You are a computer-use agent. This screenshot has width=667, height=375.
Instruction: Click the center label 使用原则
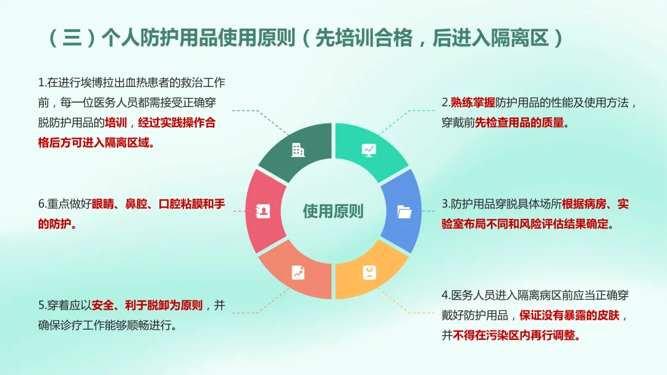[333, 211]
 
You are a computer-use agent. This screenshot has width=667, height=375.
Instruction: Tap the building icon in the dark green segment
[298, 150]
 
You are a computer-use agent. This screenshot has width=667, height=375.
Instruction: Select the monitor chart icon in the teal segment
[369, 150]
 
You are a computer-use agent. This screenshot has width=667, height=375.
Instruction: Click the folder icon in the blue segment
[404, 212]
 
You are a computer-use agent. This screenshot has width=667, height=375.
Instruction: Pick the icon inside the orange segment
[369, 273]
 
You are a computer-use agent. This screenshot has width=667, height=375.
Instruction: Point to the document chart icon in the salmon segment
[298, 273]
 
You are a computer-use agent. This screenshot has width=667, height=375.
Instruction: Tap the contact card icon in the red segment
[262, 211]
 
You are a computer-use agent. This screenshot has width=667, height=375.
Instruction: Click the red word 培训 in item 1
[115, 123]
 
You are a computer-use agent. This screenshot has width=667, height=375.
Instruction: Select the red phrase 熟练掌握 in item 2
[472, 102]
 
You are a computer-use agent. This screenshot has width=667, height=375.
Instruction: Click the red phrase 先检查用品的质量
[519, 123]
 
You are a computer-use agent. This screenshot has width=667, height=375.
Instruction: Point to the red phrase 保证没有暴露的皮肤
[569, 316]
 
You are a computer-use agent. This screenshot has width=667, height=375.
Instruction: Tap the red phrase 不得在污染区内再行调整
[516, 336]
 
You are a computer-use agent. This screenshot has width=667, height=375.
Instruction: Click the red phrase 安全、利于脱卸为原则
[147, 305]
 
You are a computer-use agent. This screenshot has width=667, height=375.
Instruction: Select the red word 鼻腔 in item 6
[136, 204]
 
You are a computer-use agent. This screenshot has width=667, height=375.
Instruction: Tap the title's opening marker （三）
[72, 38]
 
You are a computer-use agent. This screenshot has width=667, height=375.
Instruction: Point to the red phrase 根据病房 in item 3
[584, 204]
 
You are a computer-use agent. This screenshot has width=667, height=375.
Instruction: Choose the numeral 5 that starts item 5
[41, 305]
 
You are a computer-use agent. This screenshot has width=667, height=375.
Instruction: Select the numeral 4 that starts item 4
[445, 295]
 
